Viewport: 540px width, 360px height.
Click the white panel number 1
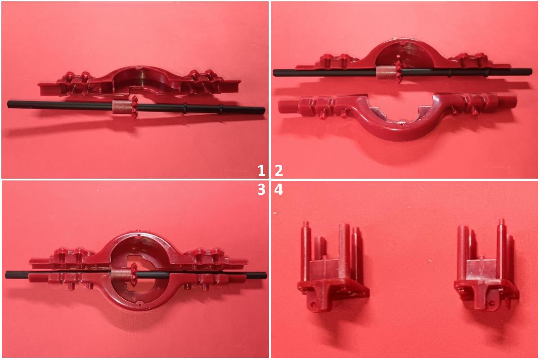point(261,170)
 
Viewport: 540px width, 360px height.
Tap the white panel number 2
point(279,170)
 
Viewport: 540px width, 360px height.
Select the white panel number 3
point(261,189)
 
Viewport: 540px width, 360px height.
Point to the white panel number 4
point(279,189)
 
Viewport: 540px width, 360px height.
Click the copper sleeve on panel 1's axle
point(122,107)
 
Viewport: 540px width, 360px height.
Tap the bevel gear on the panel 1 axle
point(134,107)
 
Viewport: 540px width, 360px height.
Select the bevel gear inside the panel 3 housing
point(134,274)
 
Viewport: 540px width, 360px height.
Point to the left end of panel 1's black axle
point(8,104)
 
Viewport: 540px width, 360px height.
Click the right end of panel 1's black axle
point(264,111)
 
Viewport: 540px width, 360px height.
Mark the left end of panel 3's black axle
point(6,274)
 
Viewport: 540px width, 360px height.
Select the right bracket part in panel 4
point(486,265)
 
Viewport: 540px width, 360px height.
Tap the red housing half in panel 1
point(139,81)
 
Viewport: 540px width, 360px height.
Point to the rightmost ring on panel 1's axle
point(220,109)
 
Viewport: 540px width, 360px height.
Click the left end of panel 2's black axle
point(274,72)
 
